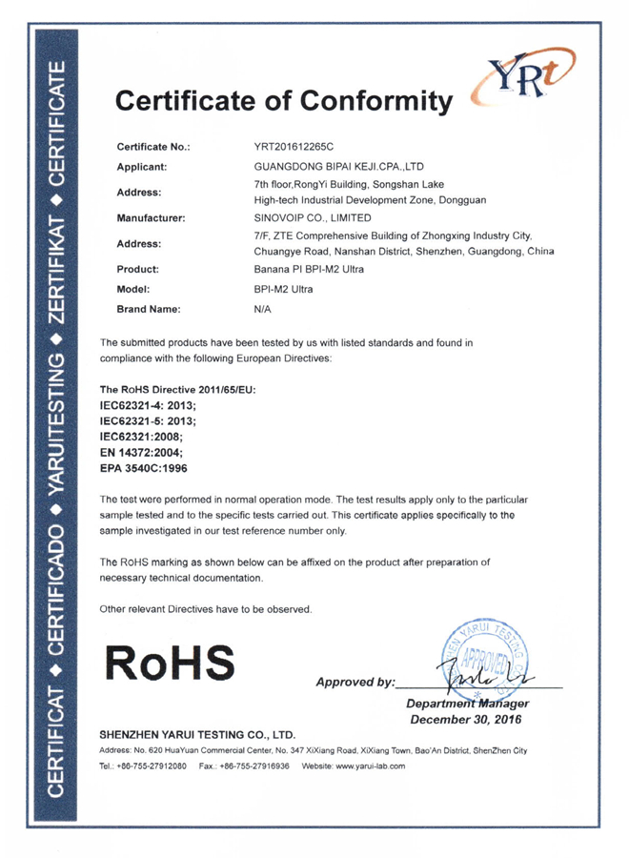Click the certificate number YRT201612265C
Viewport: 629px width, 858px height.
(x=295, y=148)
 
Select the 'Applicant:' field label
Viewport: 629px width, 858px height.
(x=142, y=166)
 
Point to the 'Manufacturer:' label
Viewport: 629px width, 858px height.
(x=150, y=218)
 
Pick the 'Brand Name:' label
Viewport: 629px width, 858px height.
(x=148, y=310)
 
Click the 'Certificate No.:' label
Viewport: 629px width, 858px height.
(x=153, y=148)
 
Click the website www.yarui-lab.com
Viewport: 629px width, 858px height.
(x=367, y=766)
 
